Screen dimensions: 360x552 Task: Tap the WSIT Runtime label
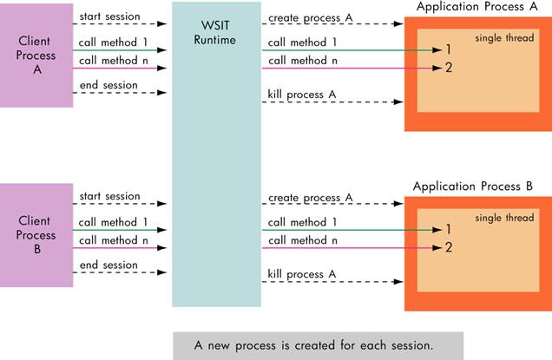[x=216, y=31]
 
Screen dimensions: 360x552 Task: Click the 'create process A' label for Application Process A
[x=311, y=18]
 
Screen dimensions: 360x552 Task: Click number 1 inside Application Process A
[x=449, y=50]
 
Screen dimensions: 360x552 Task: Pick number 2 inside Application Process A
[x=449, y=68]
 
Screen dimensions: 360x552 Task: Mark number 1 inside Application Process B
[x=449, y=230]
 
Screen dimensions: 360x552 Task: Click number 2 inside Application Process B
[x=449, y=247]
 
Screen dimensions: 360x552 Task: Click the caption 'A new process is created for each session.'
[x=313, y=344]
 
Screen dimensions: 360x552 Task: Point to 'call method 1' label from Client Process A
[x=113, y=41]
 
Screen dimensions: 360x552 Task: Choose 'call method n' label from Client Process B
[x=113, y=239]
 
